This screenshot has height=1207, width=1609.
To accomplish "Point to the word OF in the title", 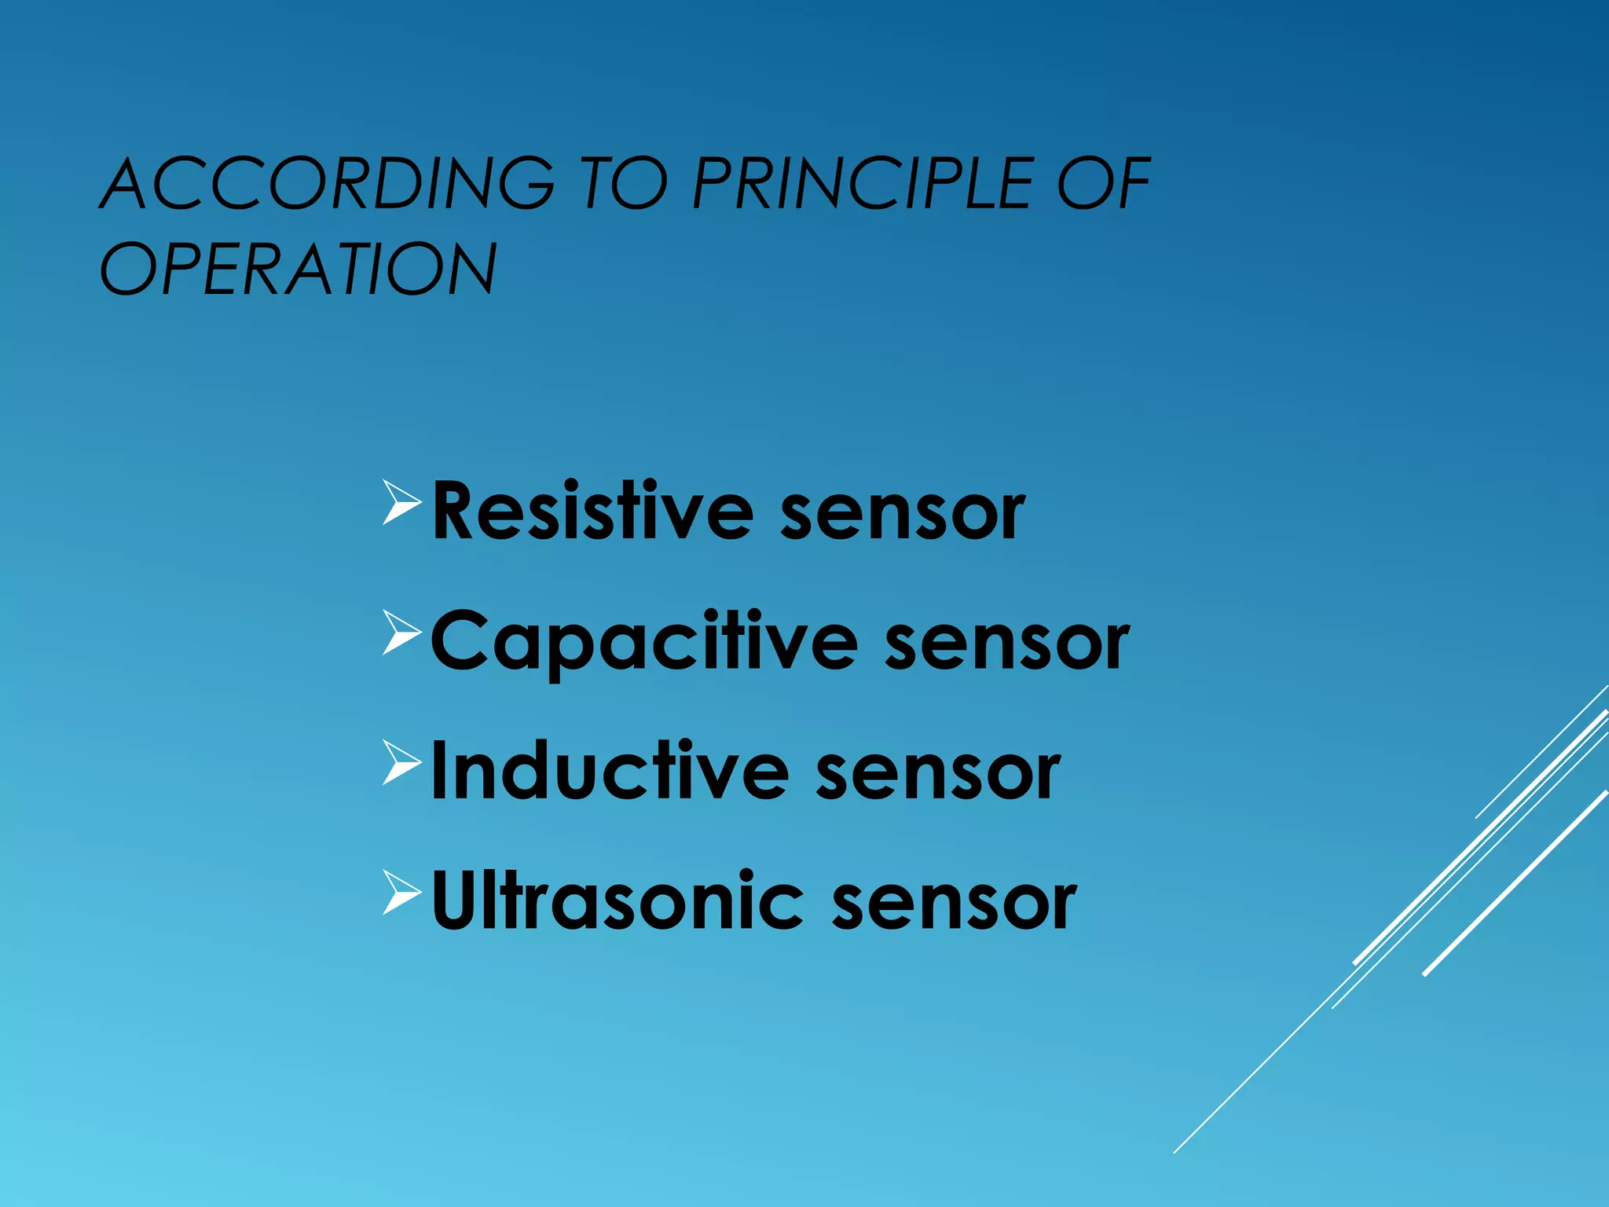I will [x=1103, y=184].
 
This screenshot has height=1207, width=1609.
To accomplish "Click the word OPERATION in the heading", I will [x=299, y=270].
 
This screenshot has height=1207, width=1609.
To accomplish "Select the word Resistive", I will [x=592, y=512].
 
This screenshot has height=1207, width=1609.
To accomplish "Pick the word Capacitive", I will [x=644, y=642].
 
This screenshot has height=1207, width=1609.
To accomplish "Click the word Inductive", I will [x=610, y=772].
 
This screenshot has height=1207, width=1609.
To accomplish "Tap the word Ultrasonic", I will [x=618, y=901].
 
